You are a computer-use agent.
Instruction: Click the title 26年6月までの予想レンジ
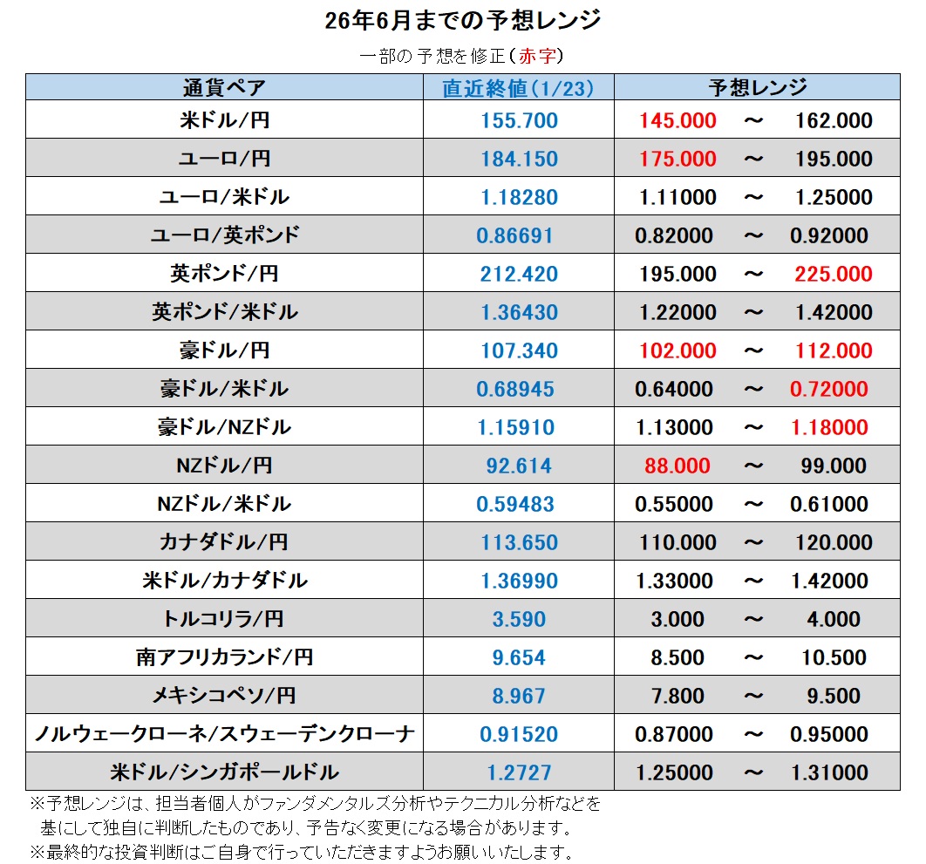pyautogui.click(x=462, y=20)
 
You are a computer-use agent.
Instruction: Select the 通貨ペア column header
pyautogui.click(x=224, y=88)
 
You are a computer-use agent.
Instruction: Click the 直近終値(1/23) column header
pyautogui.click(x=518, y=88)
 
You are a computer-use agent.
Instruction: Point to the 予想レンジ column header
pyautogui.click(x=757, y=88)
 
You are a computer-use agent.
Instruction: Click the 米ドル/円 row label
pyautogui.click(x=224, y=120)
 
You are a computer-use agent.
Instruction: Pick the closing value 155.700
pyautogui.click(x=519, y=120)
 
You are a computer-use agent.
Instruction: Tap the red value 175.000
pyautogui.click(x=677, y=159)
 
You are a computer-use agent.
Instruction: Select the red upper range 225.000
pyautogui.click(x=833, y=274)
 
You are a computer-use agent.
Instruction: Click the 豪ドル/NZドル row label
pyautogui.click(x=224, y=427)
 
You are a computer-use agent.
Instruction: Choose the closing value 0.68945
pyautogui.click(x=514, y=389)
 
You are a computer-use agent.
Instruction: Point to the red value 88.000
pyautogui.click(x=677, y=466)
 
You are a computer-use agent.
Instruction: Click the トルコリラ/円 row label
pyautogui.click(x=224, y=619)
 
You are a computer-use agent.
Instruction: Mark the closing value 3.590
pyautogui.click(x=519, y=619)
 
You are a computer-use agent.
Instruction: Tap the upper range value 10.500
pyautogui.click(x=833, y=657)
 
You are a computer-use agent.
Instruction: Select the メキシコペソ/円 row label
pyautogui.click(x=224, y=696)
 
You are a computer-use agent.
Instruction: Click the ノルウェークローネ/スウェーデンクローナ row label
pyautogui.click(x=224, y=734)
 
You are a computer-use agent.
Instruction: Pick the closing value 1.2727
pyautogui.click(x=519, y=772)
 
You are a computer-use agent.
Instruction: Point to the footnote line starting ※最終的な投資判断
pyautogui.click(x=301, y=851)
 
